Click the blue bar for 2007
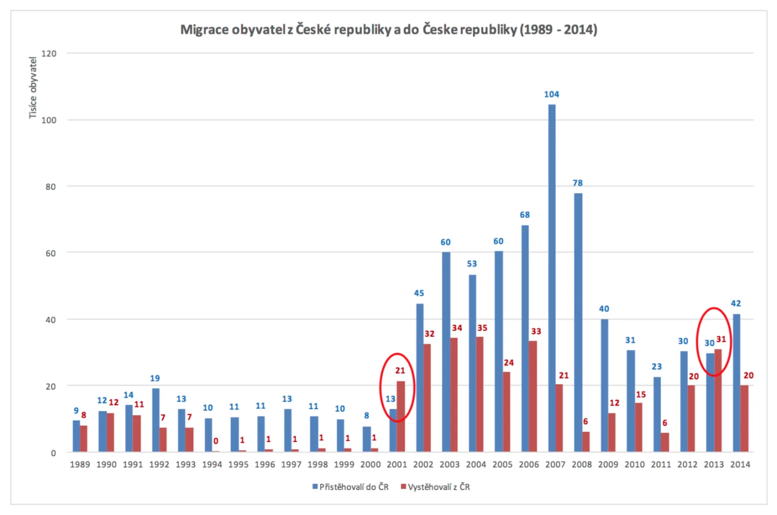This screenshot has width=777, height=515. click(551, 278)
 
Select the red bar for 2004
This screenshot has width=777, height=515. click(480, 394)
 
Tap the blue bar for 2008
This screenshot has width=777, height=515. click(578, 322)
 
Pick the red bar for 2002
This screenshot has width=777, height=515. click(427, 398)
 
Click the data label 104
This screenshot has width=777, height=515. click(551, 94)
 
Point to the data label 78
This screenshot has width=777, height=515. click(577, 182)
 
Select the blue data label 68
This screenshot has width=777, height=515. click(524, 215)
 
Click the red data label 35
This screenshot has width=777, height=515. click(482, 328)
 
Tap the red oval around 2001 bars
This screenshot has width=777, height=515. click(380, 387)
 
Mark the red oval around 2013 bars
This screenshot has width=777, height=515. click(697, 342)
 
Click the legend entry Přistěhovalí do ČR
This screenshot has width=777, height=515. click(350, 487)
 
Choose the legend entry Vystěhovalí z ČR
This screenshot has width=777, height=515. click(435, 487)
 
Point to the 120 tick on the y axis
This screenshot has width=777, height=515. click(49, 53)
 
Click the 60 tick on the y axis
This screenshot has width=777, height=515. click(51, 253)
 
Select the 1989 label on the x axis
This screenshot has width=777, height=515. click(80, 464)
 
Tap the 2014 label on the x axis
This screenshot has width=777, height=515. click(740, 464)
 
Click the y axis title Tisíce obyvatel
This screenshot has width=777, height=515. click(32, 88)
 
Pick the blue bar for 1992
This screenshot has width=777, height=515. click(156, 420)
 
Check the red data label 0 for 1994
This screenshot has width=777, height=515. click(216, 441)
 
